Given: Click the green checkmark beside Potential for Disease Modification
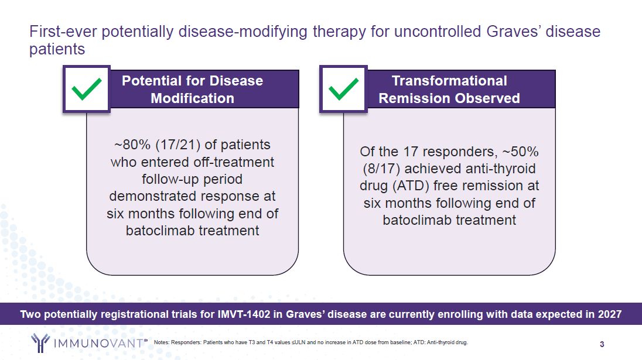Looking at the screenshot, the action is tap(86, 89).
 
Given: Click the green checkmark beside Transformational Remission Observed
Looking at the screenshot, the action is tap(343, 89).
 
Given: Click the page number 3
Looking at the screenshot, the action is tap(602, 344).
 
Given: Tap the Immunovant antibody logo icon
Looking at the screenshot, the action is tap(40, 343).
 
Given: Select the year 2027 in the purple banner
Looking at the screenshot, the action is tap(610, 314).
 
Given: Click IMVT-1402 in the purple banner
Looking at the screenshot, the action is tap(244, 314).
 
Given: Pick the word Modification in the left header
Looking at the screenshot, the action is tap(193, 98).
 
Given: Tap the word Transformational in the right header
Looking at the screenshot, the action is tap(449, 81).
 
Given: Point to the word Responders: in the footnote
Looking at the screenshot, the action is tap(186, 342).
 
